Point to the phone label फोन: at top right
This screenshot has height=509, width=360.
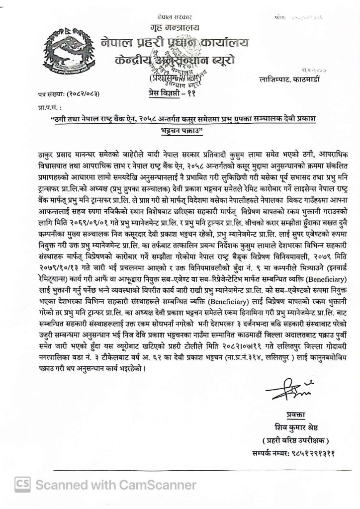point(279,17)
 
